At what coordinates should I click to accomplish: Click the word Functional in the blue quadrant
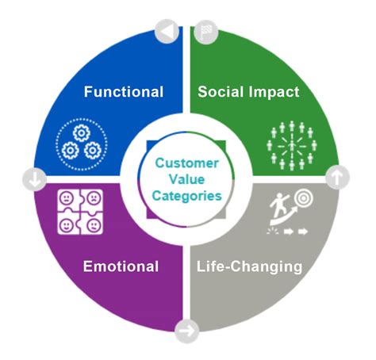124,92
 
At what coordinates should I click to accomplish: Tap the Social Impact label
247,92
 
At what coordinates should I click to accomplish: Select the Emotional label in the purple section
121,266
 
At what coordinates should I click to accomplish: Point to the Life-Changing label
249,266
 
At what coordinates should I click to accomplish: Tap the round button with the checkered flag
203,30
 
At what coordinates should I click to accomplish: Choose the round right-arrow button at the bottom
187,330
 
